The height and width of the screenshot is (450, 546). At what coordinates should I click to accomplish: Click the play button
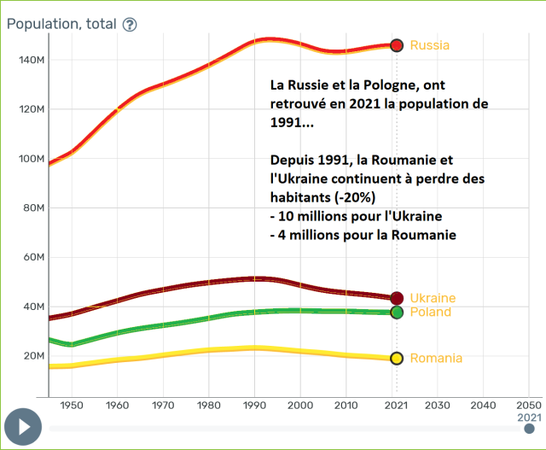(23, 425)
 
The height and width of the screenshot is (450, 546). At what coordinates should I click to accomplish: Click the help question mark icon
(130, 25)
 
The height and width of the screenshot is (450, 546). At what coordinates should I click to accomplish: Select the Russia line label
(429, 45)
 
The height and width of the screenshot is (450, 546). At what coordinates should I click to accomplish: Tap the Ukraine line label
(433, 298)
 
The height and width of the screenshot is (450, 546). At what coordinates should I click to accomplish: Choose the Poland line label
(431, 313)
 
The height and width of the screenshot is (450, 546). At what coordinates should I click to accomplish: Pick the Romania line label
(436, 359)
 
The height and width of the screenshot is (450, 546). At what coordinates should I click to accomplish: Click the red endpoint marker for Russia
(396, 45)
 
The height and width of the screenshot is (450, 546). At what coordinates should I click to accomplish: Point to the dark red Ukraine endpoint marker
(396, 298)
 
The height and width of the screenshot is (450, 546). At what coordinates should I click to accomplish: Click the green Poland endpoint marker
(396, 313)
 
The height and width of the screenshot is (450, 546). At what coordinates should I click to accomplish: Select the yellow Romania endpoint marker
(396, 359)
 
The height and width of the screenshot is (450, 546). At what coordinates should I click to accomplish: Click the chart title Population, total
(60, 24)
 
